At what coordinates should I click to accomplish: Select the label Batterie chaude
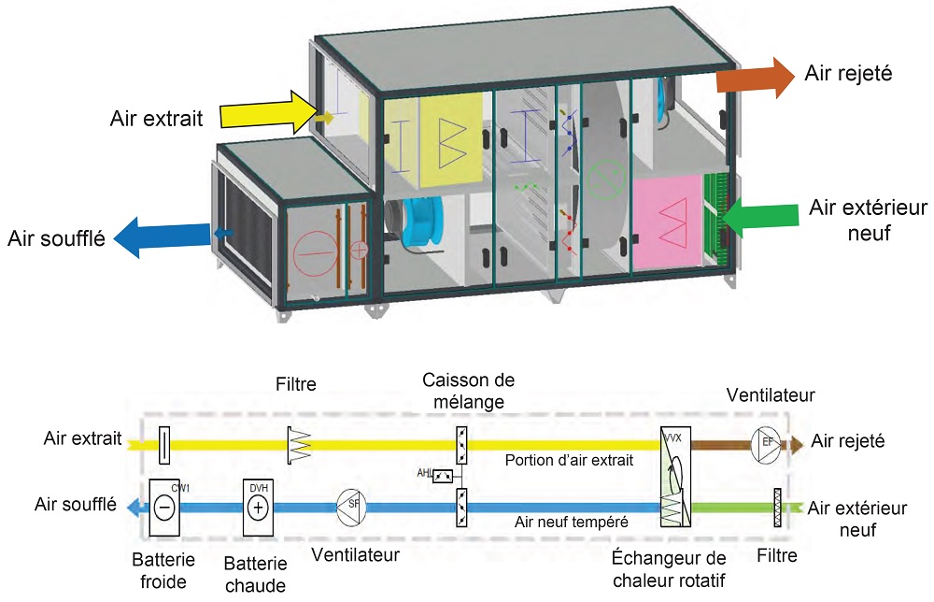[255, 573]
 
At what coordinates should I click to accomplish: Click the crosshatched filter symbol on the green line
[776, 507]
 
